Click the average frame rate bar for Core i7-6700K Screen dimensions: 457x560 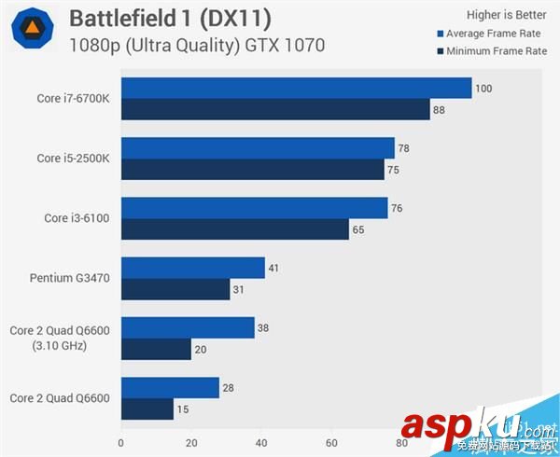pyautogui.click(x=296, y=89)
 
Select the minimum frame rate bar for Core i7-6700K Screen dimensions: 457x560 pyautogui.click(x=275, y=110)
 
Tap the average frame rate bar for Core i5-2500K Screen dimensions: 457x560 pyautogui.click(x=258, y=148)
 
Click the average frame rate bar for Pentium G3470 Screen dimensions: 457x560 pyautogui.click(x=193, y=268)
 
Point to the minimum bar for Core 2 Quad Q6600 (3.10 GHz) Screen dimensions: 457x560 pyautogui.click(x=156, y=349)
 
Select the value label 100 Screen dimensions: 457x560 pyautogui.click(x=483, y=89)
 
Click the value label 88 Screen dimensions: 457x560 pyautogui.click(x=440, y=110)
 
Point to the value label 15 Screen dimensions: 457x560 pyautogui.click(x=184, y=409)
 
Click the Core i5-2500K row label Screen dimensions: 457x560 pyautogui.click(x=73, y=159)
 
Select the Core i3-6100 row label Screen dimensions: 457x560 pyautogui.click(x=77, y=218)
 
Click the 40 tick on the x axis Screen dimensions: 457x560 pyautogui.click(x=261, y=442)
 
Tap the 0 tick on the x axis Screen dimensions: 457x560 pyautogui.click(x=121, y=442)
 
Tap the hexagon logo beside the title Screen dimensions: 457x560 pyautogui.click(x=32, y=30)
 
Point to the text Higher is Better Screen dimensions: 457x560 pyautogui.click(x=506, y=14)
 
